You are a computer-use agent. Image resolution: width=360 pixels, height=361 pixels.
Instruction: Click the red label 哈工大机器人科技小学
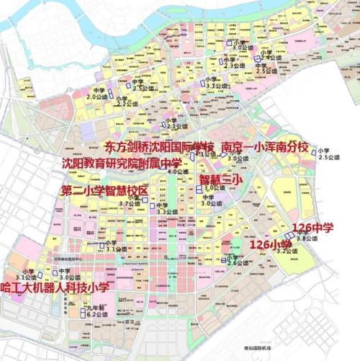[x=55, y=288]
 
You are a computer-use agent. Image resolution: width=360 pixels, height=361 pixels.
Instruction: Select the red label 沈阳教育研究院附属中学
[x=122, y=164]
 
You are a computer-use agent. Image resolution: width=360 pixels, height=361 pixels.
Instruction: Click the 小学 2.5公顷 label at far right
[x=329, y=153]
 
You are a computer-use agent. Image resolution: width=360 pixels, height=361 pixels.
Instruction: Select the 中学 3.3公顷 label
[x=166, y=208]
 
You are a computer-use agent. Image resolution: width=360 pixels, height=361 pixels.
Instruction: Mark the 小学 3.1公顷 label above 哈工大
[x=26, y=275]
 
